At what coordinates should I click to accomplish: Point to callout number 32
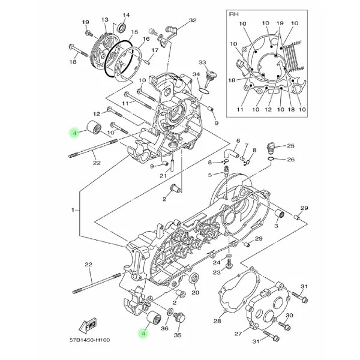point(192,20)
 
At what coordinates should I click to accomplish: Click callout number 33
point(202,62)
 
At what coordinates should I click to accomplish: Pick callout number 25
point(290,146)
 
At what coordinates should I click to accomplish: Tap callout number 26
point(290,160)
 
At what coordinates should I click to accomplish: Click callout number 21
point(163,175)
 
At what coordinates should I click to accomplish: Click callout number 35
point(178,335)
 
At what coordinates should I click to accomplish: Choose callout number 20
point(195,293)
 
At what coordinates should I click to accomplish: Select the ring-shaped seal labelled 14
point(121,26)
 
